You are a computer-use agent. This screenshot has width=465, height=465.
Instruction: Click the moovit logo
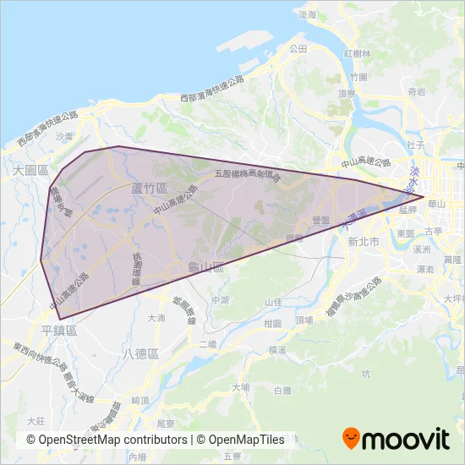click(396, 438)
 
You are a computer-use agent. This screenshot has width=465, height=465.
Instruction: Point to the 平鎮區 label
click(58, 331)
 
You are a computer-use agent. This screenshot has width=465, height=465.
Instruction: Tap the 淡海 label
click(307, 15)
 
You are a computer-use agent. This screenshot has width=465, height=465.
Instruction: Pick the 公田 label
click(298, 50)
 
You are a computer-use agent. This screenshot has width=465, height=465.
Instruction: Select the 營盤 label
click(320, 218)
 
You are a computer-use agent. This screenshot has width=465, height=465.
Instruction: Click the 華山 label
click(437, 204)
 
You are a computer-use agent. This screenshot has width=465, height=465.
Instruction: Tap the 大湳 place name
click(156, 319)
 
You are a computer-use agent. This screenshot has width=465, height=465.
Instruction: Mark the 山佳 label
click(273, 302)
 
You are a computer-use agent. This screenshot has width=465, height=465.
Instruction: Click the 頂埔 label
click(305, 320)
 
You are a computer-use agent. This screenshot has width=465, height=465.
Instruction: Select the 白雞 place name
click(282, 390)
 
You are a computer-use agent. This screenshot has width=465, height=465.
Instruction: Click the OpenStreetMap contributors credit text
click(107, 440)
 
